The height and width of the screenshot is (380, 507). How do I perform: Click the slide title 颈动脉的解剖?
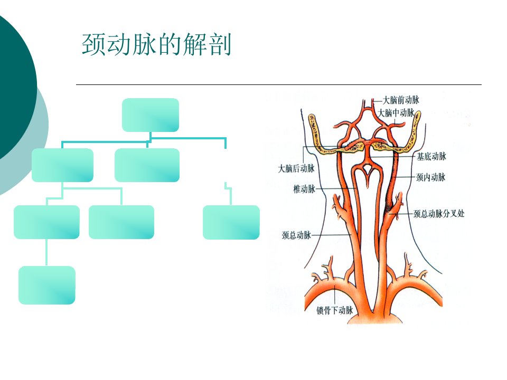(x=156, y=44)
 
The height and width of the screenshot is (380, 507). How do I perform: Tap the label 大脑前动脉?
(x=401, y=100)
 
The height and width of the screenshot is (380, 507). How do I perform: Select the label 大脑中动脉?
(x=396, y=113)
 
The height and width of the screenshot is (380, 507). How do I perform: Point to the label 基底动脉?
(x=431, y=157)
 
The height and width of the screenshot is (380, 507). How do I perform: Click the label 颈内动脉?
(x=431, y=177)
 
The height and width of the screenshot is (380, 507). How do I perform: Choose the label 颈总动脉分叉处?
(x=439, y=214)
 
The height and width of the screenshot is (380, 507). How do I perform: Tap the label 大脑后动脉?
(x=296, y=168)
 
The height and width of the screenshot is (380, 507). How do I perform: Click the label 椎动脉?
(x=304, y=189)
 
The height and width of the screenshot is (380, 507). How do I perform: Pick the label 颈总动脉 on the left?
(x=296, y=235)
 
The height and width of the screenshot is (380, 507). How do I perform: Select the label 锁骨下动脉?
(x=335, y=310)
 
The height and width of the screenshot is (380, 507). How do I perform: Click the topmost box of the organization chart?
(x=151, y=115)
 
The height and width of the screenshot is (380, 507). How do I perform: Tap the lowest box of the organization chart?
(x=47, y=285)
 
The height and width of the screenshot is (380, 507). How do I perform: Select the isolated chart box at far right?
(x=231, y=222)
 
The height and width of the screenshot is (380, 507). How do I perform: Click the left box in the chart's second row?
(x=62, y=165)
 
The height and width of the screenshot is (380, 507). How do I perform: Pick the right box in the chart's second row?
(x=147, y=165)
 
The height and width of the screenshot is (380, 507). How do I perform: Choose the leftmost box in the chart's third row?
(x=46, y=222)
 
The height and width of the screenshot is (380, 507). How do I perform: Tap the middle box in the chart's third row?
(x=121, y=222)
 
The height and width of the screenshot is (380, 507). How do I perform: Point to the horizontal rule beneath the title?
(x=279, y=84)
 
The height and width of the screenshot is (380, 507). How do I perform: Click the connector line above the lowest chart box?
(x=46, y=252)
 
